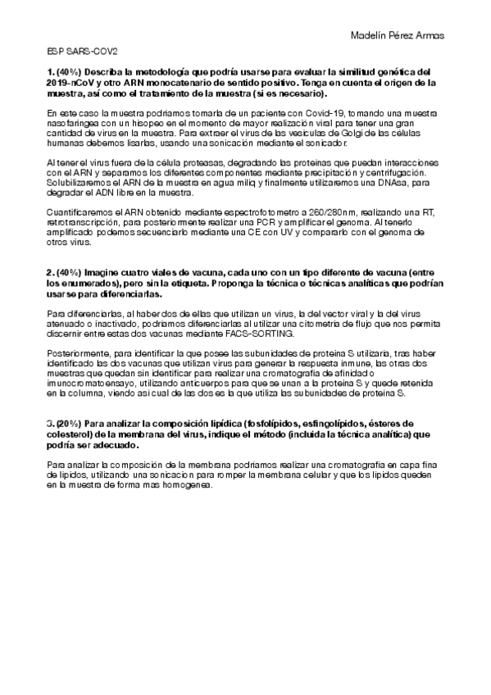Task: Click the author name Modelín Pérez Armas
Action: (397, 35)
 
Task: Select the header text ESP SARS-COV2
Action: (72, 51)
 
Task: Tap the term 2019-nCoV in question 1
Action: (69, 83)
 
